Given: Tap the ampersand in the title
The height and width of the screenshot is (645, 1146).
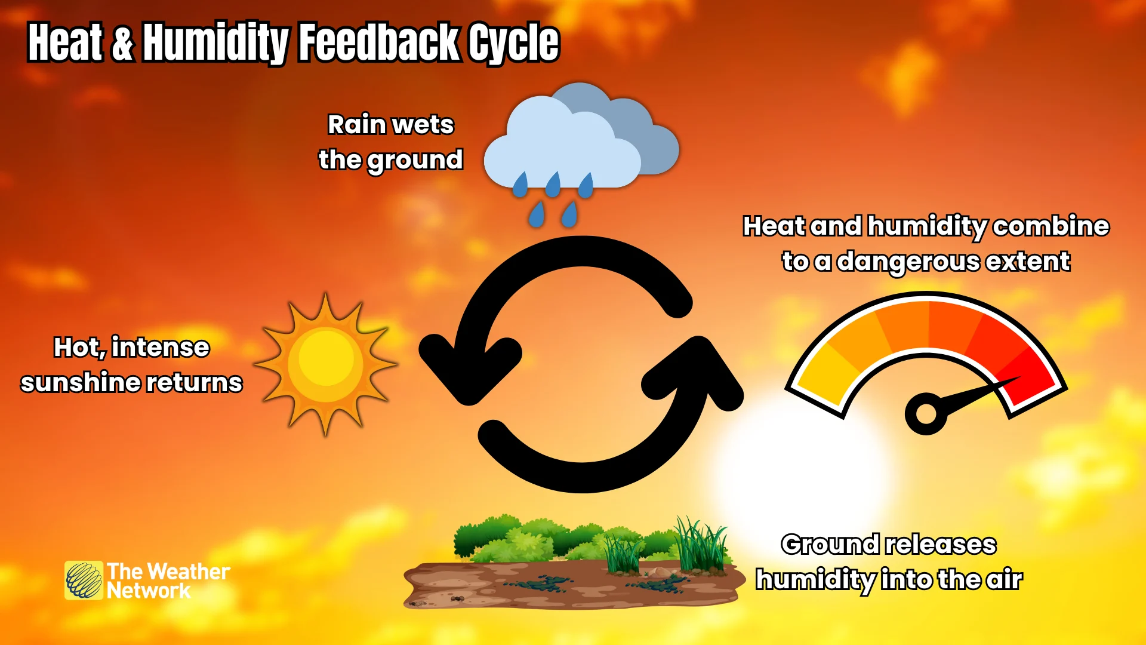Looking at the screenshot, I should click(122, 43).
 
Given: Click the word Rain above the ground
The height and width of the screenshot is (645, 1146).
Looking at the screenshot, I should click(356, 125).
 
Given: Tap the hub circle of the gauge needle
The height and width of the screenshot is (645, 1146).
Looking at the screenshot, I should click(926, 413).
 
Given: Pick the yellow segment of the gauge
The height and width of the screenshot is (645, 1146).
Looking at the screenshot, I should click(821, 376).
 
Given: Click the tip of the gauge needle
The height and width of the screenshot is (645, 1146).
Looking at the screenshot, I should click(1018, 377).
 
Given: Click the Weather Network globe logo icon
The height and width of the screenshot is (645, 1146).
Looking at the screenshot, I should click(84, 580).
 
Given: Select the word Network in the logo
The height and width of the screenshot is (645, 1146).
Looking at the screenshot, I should click(148, 591).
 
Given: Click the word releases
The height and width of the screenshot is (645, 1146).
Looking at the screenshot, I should click(941, 545).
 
